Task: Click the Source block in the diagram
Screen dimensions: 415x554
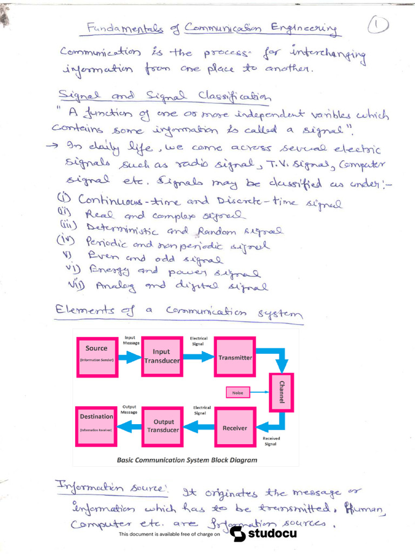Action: [97, 357]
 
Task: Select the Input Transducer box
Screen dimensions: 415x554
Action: [162, 357]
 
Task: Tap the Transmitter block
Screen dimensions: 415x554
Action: [235, 357]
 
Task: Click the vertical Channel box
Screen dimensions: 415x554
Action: [281, 392]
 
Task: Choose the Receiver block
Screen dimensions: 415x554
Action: [235, 427]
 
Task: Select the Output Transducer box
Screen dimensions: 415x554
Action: [163, 427]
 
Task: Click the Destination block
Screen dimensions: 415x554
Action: [97, 426]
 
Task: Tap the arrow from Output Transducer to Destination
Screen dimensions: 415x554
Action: [129, 427]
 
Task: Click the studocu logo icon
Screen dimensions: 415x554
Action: [238, 533]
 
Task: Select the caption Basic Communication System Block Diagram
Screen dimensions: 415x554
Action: [187, 460]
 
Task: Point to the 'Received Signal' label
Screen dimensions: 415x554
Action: [270, 441]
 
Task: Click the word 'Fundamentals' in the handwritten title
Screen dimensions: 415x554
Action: [117, 29]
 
